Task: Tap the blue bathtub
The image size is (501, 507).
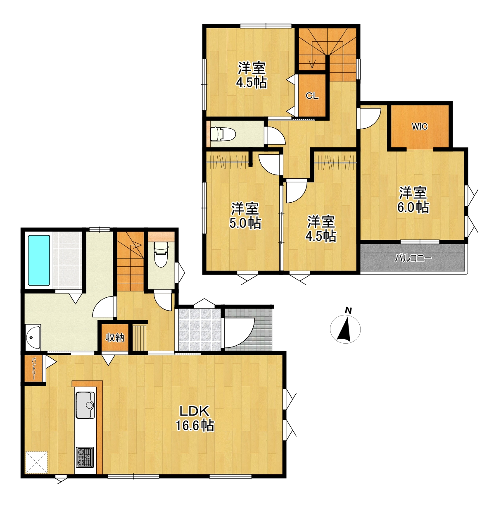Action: click(x=39, y=260)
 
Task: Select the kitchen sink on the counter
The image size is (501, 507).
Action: click(x=85, y=405)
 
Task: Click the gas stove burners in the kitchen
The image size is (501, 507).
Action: click(x=85, y=457)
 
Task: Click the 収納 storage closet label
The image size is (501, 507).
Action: click(x=115, y=337)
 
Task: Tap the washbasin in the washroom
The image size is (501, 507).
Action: click(x=33, y=337)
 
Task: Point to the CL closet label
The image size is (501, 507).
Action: click(x=312, y=96)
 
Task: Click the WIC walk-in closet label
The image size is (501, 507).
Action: click(x=419, y=127)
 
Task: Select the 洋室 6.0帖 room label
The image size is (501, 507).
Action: click(x=413, y=200)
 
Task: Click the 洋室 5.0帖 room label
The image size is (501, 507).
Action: click(x=245, y=215)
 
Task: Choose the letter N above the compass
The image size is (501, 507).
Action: click(x=348, y=311)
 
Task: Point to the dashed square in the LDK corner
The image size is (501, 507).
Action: click(x=36, y=462)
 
